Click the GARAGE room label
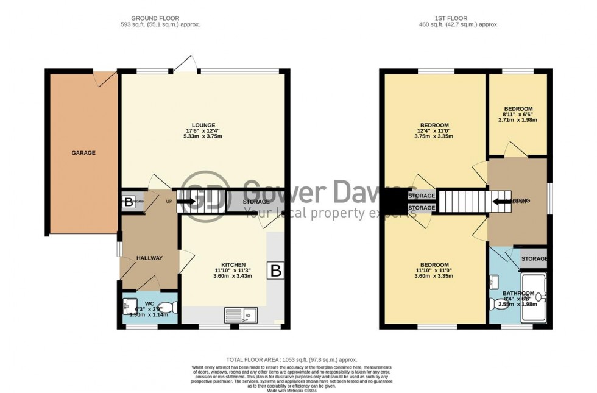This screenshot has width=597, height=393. coord(84,153)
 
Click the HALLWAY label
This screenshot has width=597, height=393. coord(149,258)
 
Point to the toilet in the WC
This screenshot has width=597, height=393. coord(166,307)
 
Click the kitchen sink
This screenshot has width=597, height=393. coord(241,315)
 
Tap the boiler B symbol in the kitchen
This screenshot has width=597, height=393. coord(276,271)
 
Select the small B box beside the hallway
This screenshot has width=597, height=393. coord(129,202)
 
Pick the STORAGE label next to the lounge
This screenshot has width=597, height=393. coord(256,202)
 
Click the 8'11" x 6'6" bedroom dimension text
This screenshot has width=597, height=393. coord(518,114)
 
